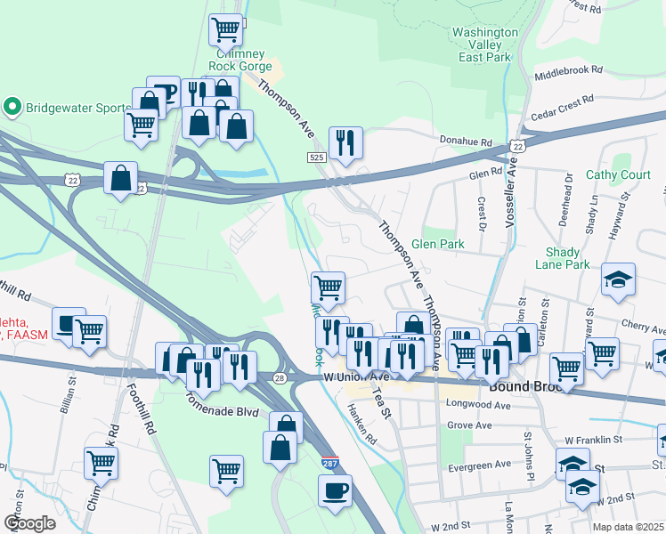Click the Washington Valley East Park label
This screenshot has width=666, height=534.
pyautogui.click(x=485, y=44)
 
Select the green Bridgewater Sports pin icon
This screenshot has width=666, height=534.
pyautogui.click(x=12, y=108)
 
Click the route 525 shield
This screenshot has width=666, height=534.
pyautogui.click(x=316, y=158)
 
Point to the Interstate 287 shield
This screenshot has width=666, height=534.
pyautogui.click(x=329, y=464)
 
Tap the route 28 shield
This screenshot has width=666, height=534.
pyautogui.click(x=280, y=379)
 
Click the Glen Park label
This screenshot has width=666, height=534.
pyautogui.click(x=438, y=244)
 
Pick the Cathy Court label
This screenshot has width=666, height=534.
pyautogui.click(x=619, y=175)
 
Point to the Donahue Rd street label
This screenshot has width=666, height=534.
pyautogui.click(x=467, y=142)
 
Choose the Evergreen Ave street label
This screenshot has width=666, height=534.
pyautogui.click(x=480, y=464)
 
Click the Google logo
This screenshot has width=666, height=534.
pyautogui.click(x=29, y=523)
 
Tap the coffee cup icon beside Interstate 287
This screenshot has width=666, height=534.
pyautogui.click(x=335, y=490)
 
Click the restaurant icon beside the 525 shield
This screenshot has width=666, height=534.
pyautogui.click(x=345, y=142)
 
